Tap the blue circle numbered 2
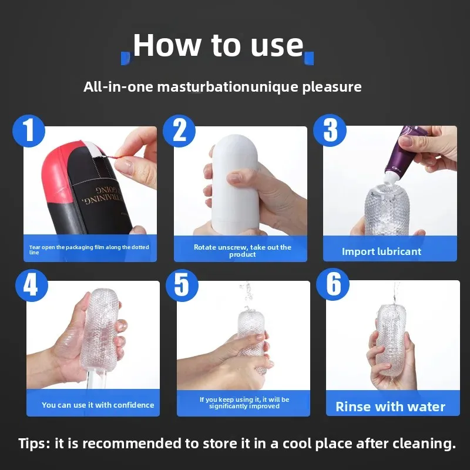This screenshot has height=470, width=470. pos(179,130)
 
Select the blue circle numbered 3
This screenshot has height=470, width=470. pos(330,130)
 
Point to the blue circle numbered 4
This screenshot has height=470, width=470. pos(30,286)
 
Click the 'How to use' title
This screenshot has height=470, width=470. pos(218,46)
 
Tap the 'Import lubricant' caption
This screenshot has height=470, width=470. pos(381,251)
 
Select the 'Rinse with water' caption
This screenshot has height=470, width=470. pos(390,407)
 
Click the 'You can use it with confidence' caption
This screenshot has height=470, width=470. pos(98,405)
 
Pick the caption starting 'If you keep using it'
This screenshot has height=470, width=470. pos(244,402)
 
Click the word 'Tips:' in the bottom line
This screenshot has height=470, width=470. pos(34,444)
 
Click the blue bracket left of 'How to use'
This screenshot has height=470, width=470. pos(124,58)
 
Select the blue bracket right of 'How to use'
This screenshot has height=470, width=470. pos(310,58)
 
